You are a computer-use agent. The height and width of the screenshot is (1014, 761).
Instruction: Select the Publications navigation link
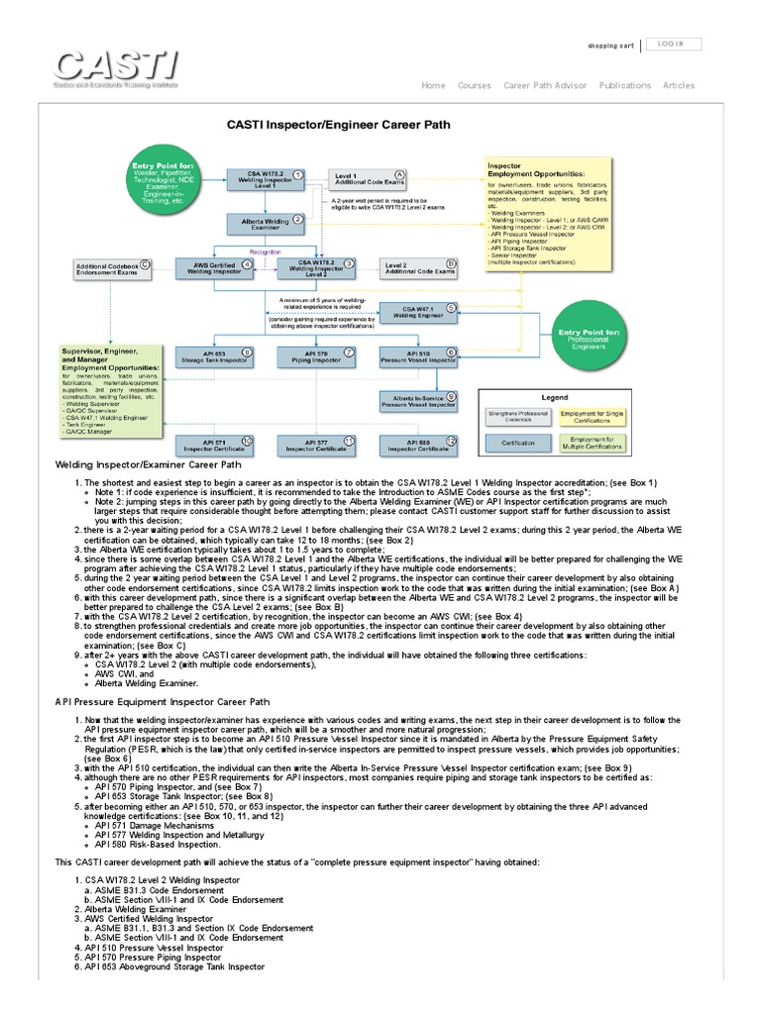point(625,86)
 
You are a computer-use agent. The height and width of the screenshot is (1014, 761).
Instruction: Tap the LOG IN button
point(677,45)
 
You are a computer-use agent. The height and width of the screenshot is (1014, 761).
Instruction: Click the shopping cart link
point(610,46)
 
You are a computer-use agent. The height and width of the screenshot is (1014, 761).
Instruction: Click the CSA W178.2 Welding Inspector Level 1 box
point(265,180)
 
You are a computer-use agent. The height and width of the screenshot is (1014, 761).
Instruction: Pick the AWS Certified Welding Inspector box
point(212,266)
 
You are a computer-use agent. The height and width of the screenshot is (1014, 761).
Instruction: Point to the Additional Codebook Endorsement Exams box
point(110,268)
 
